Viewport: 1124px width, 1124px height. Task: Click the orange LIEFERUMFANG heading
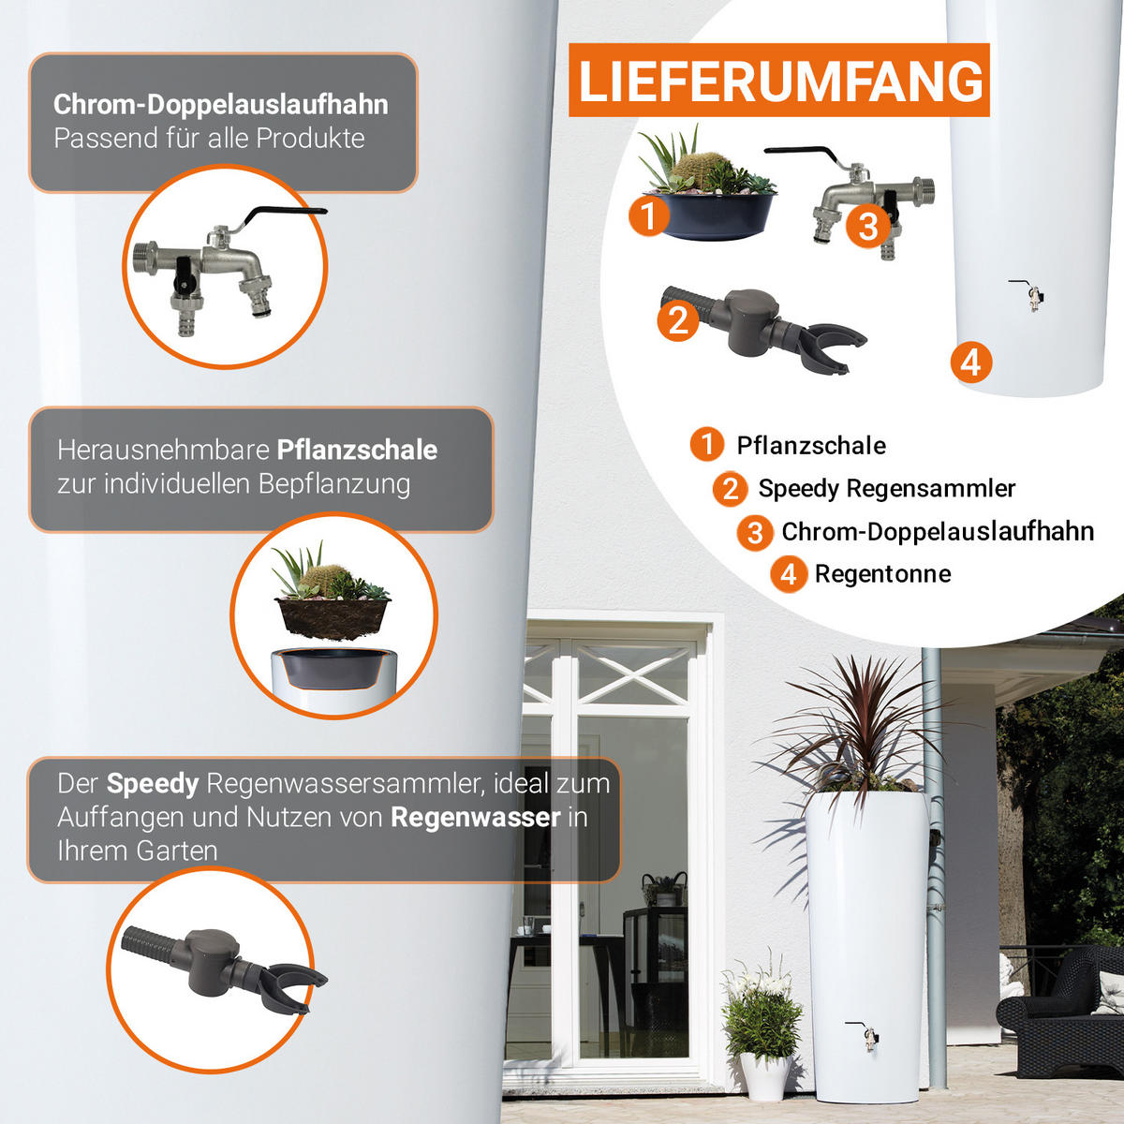point(780,80)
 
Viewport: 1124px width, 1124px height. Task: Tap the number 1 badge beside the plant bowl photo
point(648,216)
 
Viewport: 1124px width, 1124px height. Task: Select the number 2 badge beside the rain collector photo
point(678,321)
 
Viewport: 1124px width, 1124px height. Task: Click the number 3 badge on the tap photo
point(868,227)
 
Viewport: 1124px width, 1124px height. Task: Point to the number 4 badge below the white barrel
point(970,362)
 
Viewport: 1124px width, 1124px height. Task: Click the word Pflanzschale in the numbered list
point(811,446)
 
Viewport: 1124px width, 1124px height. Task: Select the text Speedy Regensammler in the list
point(887,489)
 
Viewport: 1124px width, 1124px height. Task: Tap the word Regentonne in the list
point(882,574)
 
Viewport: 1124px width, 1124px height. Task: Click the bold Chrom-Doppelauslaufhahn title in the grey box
point(221,105)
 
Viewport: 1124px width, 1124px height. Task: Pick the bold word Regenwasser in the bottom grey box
point(476,817)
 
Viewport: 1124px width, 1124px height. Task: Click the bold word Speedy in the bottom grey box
point(153,784)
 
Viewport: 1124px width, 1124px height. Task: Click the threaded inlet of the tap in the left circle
point(145,259)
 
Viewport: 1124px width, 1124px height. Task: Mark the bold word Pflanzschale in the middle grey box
point(357,451)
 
